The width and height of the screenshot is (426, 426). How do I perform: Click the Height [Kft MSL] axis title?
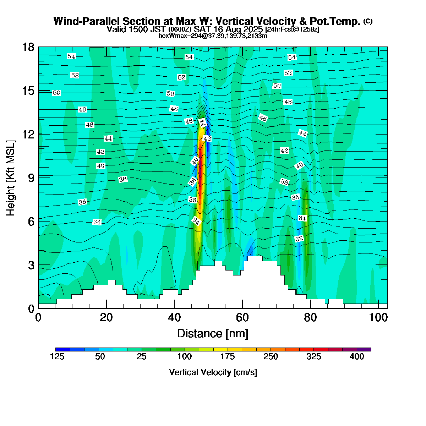[x=11, y=177]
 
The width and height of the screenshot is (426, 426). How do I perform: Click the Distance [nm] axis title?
[x=213, y=334]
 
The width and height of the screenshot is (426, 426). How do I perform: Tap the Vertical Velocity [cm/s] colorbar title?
[x=213, y=372]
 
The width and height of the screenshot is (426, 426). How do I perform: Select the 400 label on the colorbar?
[x=357, y=357]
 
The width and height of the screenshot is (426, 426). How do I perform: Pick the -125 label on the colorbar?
[x=56, y=357]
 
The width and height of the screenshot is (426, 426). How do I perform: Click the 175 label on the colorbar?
[x=228, y=357]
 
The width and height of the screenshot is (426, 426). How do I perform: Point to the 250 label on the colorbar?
[x=271, y=357]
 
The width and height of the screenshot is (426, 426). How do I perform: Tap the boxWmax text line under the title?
[x=213, y=36]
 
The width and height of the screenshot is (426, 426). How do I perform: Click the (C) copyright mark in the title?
[x=368, y=21]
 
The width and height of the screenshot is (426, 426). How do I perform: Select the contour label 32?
[x=299, y=239]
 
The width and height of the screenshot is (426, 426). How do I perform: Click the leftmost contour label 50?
[x=56, y=93]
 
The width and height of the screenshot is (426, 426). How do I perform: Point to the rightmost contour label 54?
[x=292, y=58]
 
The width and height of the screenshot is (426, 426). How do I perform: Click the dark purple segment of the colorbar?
[x=364, y=349]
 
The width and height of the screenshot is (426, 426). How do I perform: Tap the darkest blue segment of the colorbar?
[x=63, y=349]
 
